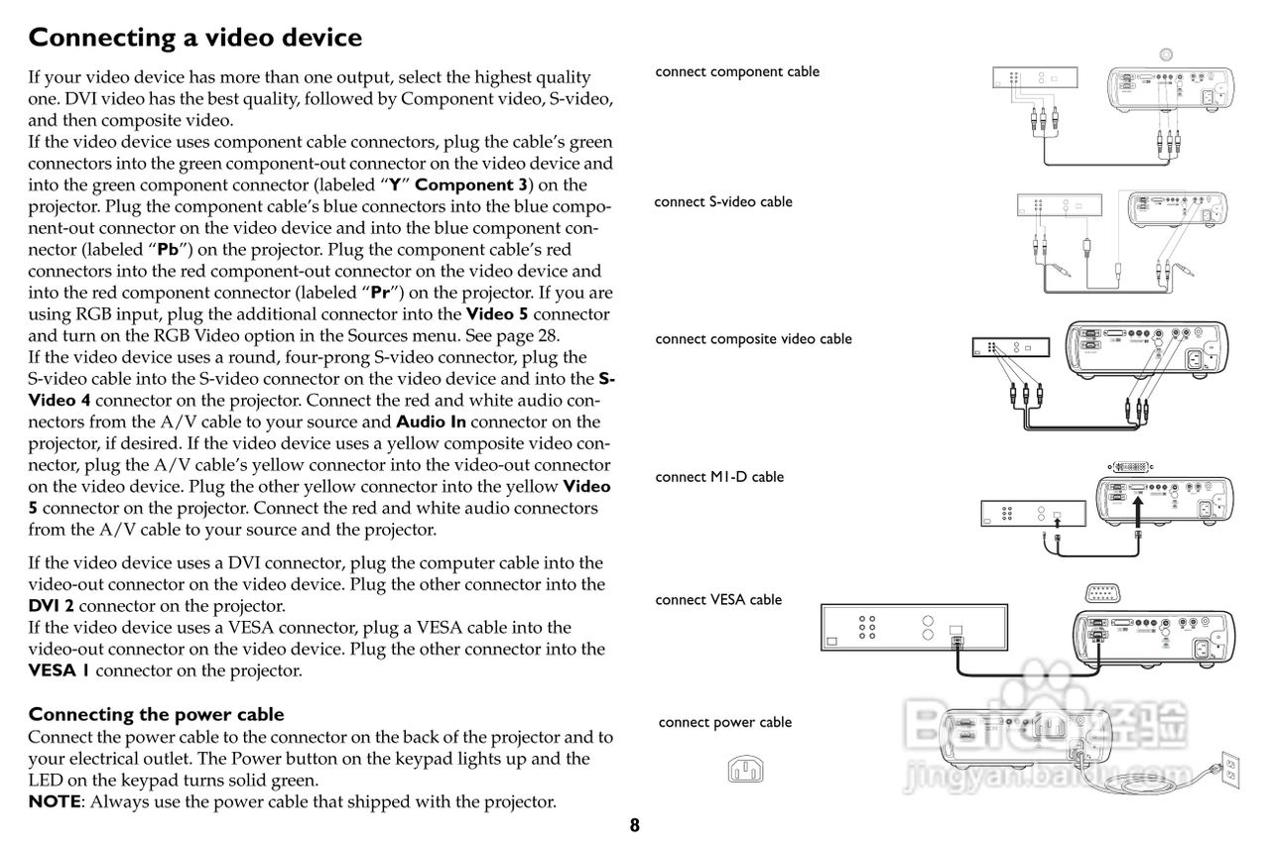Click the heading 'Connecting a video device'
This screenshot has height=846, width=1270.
[x=195, y=38]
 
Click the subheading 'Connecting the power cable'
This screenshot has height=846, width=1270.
[x=156, y=714]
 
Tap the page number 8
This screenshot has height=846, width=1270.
[x=634, y=825]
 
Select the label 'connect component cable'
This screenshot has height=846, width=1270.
[x=737, y=71]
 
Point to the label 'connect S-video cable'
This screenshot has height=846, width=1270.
[x=723, y=201]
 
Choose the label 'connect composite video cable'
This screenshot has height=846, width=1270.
[x=753, y=339]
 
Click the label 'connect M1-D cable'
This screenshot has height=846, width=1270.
[x=719, y=477]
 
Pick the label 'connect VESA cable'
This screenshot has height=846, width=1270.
[x=718, y=599]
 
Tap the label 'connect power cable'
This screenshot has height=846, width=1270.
[x=725, y=722]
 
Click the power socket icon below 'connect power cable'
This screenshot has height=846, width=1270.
[x=745, y=770]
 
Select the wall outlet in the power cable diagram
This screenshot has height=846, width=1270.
[x=1230, y=770]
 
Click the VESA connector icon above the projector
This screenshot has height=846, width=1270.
[x=1102, y=593]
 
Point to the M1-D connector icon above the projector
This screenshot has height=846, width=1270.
[x=1130, y=467]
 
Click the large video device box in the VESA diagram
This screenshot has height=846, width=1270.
[x=914, y=627]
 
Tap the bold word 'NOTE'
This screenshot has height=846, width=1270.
[x=55, y=801]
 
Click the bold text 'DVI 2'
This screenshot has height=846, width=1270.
[x=51, y=606]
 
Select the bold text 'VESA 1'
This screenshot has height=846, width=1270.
[x=59, y=670]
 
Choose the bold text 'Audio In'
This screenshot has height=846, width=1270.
[x=431, y=423]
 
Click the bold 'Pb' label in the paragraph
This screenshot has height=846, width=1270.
[x=168, y=250]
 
